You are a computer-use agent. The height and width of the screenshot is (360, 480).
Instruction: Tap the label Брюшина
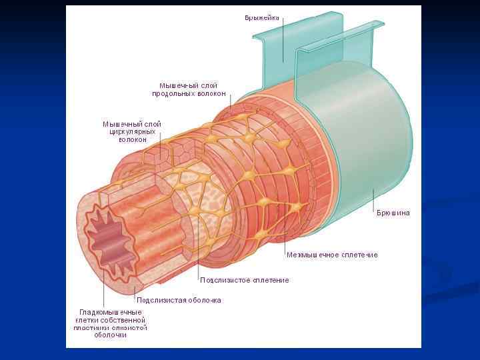(x=393, y=213)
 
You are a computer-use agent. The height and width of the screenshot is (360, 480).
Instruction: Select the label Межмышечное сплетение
(x=332, y=255)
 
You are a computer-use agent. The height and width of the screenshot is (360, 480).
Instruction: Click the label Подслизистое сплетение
(x=245, y=280)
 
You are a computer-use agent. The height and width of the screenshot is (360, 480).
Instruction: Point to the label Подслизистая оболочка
(x=179, y=300)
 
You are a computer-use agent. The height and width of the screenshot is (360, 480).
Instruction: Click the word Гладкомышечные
(x=111, y=312)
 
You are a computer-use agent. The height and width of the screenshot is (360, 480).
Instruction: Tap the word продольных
(x=174, y=94)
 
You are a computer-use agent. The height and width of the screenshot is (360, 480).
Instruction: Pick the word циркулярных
(x=133, y=132)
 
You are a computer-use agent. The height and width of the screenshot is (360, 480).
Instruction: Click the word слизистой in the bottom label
(x=130, y=327)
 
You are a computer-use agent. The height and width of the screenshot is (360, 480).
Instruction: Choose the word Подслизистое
(x=224, y=280)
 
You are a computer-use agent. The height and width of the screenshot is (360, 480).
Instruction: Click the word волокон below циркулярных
(x=133, y=140)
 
